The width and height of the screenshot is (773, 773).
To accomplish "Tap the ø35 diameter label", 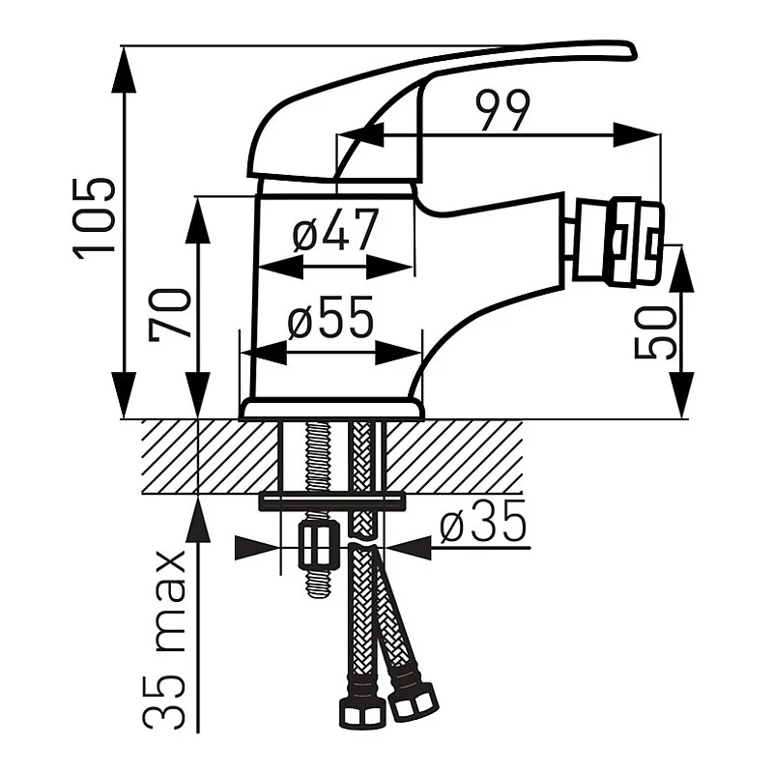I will point(483,524).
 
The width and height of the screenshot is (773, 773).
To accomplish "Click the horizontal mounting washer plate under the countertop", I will point(330,501).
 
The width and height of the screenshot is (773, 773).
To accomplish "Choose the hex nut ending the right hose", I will point(414,702).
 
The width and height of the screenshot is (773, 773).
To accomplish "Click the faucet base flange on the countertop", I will point(331,410).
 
